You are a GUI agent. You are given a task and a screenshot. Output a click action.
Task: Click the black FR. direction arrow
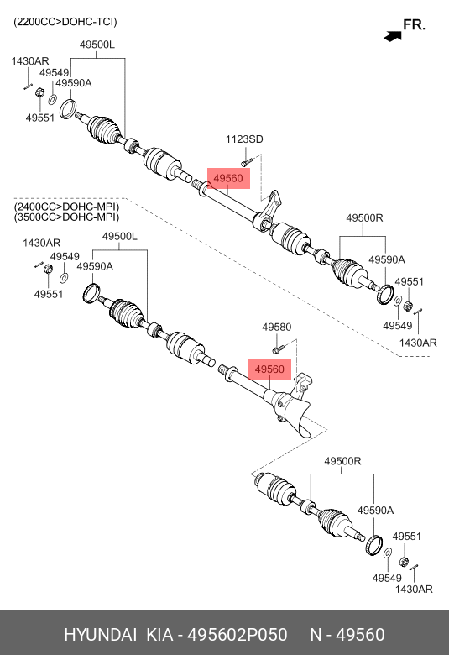(x=393, y=36)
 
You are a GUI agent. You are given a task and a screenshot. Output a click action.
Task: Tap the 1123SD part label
(x=244, y=139)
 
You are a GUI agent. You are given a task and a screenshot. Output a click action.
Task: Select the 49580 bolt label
(x=276, y=327)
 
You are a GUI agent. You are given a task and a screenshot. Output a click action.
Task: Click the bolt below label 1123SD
(x=247, y=162)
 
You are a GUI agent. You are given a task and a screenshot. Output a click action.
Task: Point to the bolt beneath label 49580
(x=278, y=348)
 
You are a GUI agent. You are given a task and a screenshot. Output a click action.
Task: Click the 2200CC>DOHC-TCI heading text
(x=65, y=22)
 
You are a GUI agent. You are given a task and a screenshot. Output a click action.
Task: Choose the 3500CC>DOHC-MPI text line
(x=66, y=217)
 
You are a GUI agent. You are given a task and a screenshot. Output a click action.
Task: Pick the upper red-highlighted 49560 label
(x=228, y=178)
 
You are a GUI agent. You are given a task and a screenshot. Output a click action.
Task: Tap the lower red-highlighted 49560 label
(x=269, y=369)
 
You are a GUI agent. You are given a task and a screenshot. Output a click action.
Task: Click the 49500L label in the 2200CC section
(x=97, y=45)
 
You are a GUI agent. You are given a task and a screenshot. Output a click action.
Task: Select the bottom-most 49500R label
(x=342, y=461)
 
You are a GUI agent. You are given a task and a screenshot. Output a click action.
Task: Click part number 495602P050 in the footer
(x=238, y=635)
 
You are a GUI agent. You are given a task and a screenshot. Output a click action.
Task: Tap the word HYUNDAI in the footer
(x=100, y=635)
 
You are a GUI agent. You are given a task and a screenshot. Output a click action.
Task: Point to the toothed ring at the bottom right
(x=373, y=545)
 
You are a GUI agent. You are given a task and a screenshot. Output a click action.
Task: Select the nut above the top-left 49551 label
(x=39, y=92)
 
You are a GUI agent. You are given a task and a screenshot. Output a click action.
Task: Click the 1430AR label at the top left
(x=30, y=61)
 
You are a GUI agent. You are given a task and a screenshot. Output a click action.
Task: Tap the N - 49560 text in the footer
(x=347, y=635)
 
